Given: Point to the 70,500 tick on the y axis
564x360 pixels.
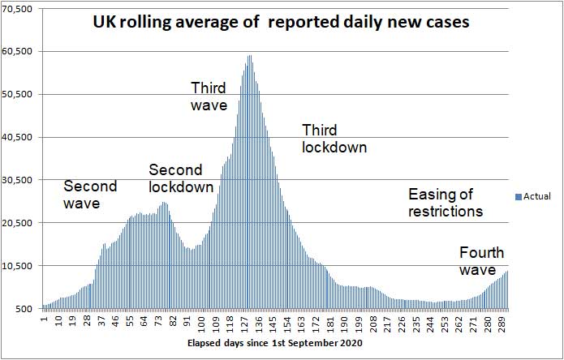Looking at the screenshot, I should tap(18, 9).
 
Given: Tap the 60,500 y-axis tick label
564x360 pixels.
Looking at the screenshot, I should tap(18, 51).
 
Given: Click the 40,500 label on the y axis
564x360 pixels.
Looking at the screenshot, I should tap(18, 137).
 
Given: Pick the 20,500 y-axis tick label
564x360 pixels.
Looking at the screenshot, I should tap(18, 223).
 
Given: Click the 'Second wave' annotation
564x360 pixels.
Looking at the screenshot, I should tap(90, 195).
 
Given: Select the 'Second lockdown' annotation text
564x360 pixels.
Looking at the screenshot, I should tap(181, 178).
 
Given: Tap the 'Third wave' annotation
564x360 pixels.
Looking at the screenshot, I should tap(209, 96).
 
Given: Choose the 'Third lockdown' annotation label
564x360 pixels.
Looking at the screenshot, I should tap(334, 139).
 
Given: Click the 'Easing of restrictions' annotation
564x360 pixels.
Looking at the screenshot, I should tap(446, 203).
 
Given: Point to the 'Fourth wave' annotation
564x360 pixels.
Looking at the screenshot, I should tap(481, 260).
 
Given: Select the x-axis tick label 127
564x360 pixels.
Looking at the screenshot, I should tap(245, 323).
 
